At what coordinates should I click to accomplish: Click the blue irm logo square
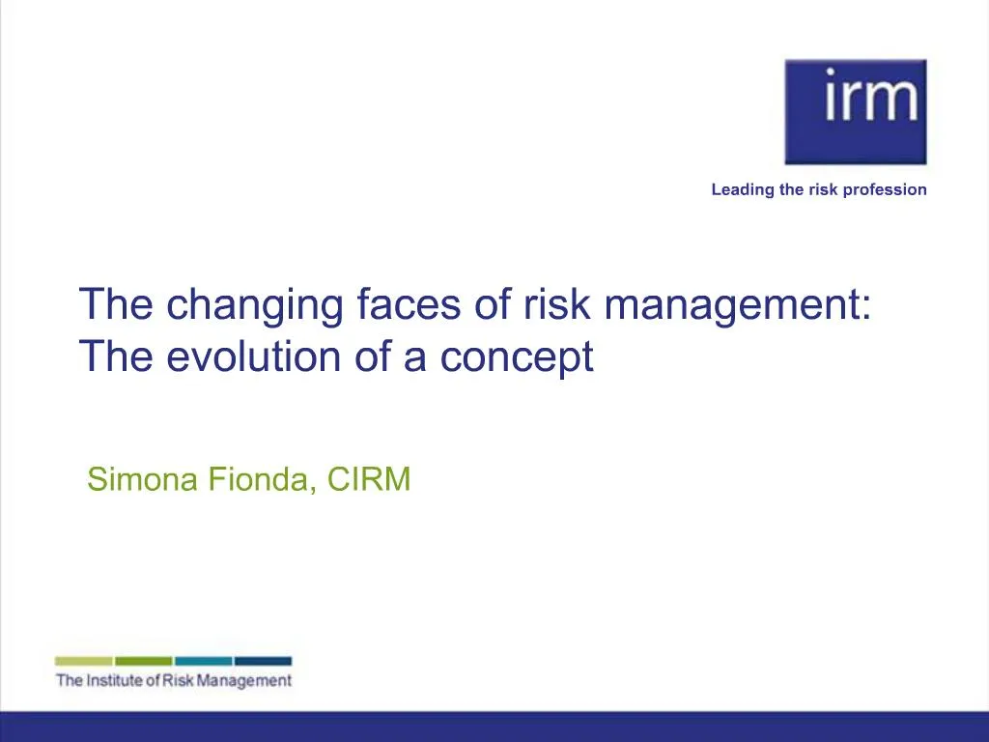[x=855, y=111]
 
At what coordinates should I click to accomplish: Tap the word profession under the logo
[x=885, y=189]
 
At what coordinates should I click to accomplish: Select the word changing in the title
[x=255, y=306]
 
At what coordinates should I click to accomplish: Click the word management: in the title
[x=738, y=306]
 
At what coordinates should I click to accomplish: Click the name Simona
[x=143, y=479]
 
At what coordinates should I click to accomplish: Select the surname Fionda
[x=262, y=479]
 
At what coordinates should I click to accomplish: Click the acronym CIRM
[x=369, y=479]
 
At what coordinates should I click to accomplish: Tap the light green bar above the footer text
[x=84, y=661]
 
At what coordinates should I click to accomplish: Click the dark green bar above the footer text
[x=144, y=661]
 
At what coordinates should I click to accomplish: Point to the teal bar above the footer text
[x=204, y=661]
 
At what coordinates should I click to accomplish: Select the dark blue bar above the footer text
[x=263, y=661]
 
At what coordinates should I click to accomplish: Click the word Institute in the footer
[x=113, y=681]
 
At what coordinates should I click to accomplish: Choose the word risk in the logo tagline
[x=823, y=189]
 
